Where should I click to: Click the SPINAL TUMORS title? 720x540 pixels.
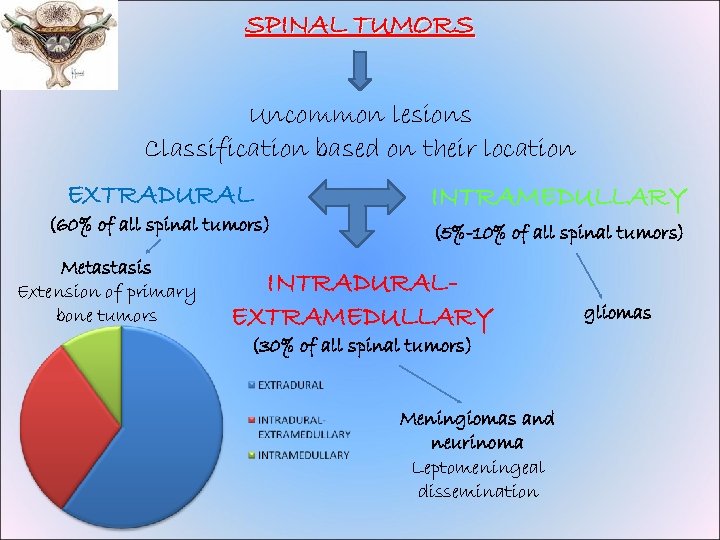point(360,24)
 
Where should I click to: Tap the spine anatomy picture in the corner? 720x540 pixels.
point(59,44)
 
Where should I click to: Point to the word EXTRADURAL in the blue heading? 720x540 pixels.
point(160,193)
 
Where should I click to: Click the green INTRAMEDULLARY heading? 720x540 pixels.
point(559,197)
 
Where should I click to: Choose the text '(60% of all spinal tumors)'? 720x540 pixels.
point(160,224)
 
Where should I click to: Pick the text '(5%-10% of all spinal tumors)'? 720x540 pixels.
point(559,233)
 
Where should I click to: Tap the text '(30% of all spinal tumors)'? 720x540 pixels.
point(362,346)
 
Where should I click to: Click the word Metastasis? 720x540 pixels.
point(106,267)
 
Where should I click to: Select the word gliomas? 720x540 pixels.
point(617,313)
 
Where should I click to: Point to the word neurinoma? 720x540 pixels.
point(477,442)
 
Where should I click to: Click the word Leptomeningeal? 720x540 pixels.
point(477,467)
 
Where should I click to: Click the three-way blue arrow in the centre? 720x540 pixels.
point(360,205)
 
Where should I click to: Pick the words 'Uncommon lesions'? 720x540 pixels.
point(360,115)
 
